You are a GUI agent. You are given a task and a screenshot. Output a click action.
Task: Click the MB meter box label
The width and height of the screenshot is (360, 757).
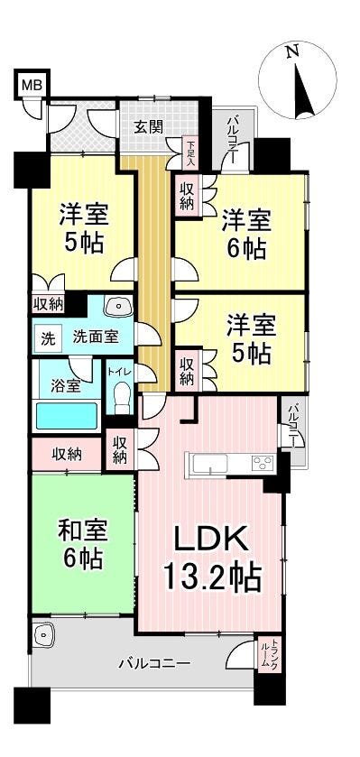32,87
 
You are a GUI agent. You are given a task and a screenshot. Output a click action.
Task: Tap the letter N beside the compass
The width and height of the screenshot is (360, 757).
291,51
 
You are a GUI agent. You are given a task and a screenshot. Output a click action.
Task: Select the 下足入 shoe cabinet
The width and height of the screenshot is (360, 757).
190,152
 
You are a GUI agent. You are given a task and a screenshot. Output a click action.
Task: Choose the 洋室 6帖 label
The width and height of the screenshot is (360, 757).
244,234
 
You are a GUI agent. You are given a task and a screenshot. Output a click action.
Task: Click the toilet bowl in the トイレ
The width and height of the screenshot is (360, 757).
123,396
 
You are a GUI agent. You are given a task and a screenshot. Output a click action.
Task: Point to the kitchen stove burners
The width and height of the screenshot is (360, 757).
263,464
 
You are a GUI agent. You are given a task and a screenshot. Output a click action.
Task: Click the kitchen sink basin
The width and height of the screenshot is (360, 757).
207,464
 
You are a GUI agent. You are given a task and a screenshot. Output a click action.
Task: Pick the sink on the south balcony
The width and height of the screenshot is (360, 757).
44,635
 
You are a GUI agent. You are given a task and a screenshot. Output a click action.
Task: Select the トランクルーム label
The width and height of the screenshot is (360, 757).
268,652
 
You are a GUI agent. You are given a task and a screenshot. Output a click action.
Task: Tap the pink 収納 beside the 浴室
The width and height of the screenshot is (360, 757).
67,455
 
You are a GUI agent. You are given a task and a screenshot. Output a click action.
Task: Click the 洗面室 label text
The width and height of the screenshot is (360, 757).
95,337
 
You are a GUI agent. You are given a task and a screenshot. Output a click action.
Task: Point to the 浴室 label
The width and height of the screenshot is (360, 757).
66,386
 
